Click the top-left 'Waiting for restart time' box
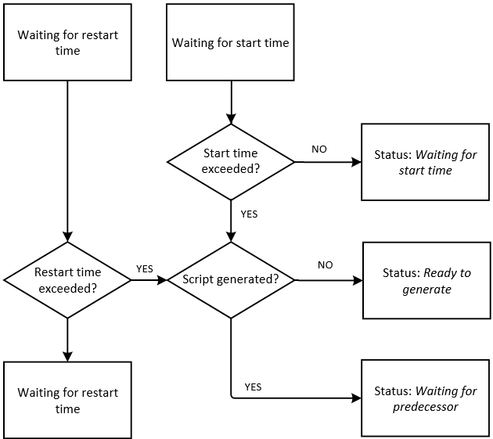point(67,42)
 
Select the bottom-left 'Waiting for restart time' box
point(67,400)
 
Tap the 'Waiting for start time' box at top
point(231,42)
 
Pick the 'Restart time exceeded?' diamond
point(67,279)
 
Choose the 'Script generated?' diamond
point(231,279)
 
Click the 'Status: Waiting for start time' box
point(425,162)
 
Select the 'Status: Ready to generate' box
point(426,280)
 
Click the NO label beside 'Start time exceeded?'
point(319,149)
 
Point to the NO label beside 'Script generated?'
point(325,264)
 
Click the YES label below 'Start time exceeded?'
point(249,214)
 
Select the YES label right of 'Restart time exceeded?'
point(145,268)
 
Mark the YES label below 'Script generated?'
point(253,387)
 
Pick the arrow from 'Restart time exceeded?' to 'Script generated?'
point(149,279)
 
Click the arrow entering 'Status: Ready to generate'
point(329,279)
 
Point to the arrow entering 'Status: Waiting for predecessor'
point(297,398)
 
